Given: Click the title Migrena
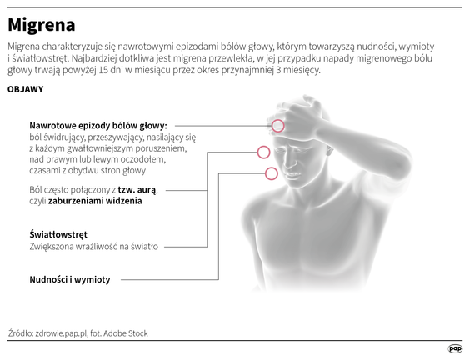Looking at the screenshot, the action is [x=42, y=25].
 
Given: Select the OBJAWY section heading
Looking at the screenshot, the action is [x=26, y=89].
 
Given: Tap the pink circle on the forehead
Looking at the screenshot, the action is [x=277, y=126].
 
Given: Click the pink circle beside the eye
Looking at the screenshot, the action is [x=264, y=152].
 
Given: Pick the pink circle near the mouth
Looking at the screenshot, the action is [x=272, y=173].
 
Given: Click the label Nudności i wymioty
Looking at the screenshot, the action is [x=70, y=280].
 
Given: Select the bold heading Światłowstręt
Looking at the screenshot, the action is [x=58, y=234].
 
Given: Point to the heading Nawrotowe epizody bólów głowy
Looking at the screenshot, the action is [x=98, y=126].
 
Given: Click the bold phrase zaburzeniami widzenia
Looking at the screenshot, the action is [x=95, y=201].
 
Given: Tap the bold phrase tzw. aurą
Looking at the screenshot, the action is [x=137, y=190].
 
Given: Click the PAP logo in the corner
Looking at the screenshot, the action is [x=455, y=348].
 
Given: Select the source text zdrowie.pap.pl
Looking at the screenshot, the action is [x=61, y=333].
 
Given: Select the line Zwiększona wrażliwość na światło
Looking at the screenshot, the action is [x=94, y=247].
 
